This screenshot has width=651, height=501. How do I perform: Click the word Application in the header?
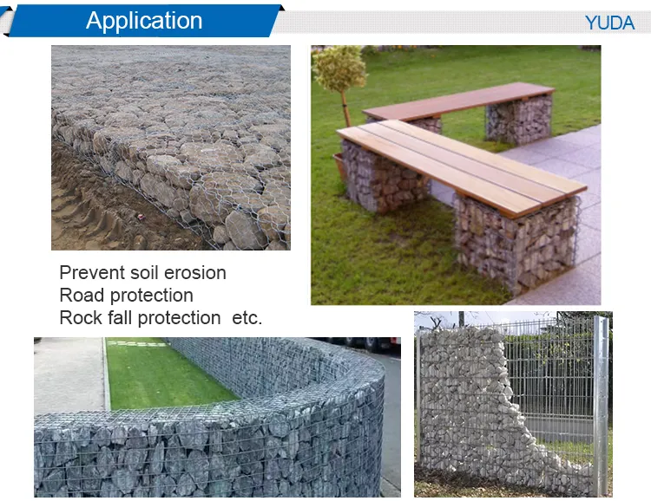(x=144, y=21)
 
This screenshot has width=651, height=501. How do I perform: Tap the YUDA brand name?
(x=609, y=23)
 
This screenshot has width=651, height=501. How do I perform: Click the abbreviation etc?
(x=247, y=318)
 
